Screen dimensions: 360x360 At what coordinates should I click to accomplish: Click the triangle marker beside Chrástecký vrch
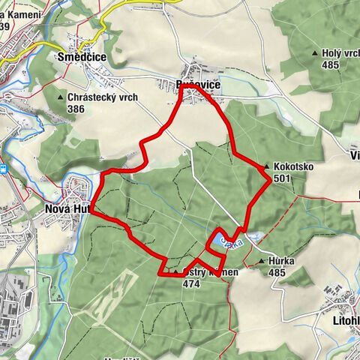pyautogui.click(x=60, y=97)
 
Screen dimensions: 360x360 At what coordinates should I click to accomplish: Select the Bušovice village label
pyautogui.click(x=197, y=85)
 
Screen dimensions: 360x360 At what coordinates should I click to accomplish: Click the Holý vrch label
pyautogui.click(x=340, y=53)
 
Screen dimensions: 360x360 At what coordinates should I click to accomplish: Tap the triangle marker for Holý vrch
pyautogui.click(x=315, y=54)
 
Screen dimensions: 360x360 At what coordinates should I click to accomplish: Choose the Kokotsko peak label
pyautogui.click(x=294, y=166)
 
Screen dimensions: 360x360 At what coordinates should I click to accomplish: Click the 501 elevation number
pyautogui.click(x=283, y=178)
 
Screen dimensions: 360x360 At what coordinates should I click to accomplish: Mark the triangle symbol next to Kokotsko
pyautogui.click(x=267, y=166)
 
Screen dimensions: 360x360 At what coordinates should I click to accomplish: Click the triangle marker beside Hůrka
pyautogui.click(x=261, y=262)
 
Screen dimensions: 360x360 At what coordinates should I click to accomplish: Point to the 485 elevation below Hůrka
pyautogui.click(x=277, y=272)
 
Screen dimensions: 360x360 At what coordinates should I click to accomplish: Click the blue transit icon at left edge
pyautogui.click(x=4, y=169)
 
